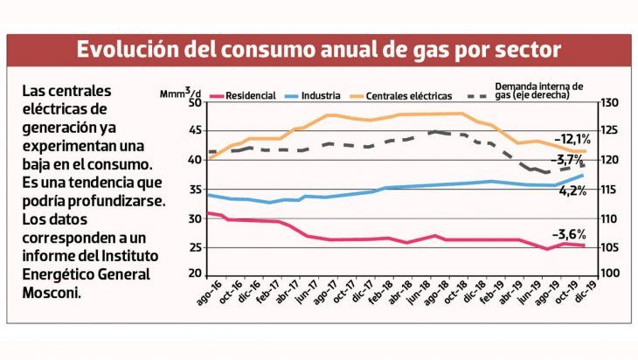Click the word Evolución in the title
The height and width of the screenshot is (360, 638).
coord(129,49)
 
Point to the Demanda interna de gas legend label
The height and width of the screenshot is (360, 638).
coord(538,92)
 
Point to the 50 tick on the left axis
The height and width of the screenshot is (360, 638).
coord(194,103)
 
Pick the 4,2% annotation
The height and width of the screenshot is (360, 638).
coord(572,190)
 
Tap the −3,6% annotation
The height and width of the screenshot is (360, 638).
coord(568,234)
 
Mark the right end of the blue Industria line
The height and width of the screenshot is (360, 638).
coord(583,176)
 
